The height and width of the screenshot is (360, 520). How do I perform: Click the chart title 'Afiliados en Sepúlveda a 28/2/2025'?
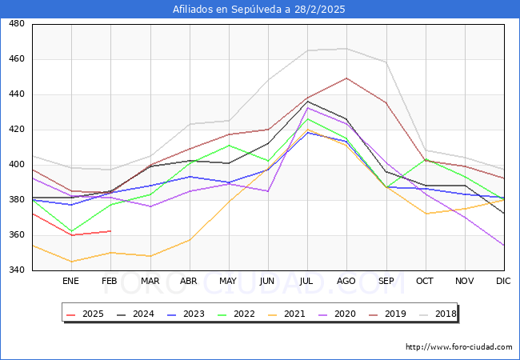coord(260,10)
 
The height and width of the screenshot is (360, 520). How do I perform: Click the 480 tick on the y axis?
coord(16,24)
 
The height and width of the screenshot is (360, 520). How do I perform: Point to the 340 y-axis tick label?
coord(16,270)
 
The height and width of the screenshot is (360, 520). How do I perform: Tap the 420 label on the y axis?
coord(16,130)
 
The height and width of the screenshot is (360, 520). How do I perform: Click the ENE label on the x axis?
coord(71,282)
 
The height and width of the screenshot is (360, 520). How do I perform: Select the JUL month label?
coord(307,282)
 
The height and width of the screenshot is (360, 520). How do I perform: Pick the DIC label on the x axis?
coord(503,282)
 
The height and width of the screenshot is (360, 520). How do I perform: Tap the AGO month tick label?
coord(346,282)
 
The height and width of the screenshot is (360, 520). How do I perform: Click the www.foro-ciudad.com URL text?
coord(458,347)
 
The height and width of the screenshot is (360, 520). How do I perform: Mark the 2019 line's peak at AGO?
coord(346,78)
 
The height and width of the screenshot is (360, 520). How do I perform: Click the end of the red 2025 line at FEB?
coord(110,231)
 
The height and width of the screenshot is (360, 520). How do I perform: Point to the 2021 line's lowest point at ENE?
coord(71,262)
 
